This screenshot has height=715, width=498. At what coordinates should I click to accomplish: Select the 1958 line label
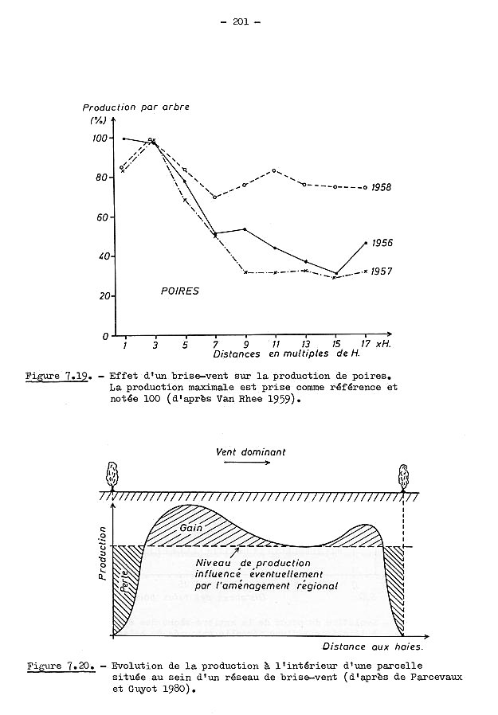click(x=383, y=187)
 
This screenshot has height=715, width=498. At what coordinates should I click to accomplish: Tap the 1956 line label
click(x=383, y=242)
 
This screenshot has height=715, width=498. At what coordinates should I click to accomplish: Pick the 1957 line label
click(x=383, y=272)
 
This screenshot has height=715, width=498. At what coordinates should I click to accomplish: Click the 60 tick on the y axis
click(x=101, y=217)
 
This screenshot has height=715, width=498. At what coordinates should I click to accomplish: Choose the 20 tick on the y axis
click(x=101, y=295)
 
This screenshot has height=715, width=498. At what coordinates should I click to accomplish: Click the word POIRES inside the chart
click(x=179, y=291)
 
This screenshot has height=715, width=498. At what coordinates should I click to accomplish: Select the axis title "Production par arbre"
click(x=136, y=107)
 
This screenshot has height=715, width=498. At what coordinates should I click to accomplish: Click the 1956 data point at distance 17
click(x=366, y=242)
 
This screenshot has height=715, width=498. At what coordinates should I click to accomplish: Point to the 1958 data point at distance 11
click(x=275, y=170)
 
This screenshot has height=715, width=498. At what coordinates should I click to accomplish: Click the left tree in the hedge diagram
click(x=112, y=478)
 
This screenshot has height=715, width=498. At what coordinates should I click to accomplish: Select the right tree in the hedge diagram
click(x=404, y=478)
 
